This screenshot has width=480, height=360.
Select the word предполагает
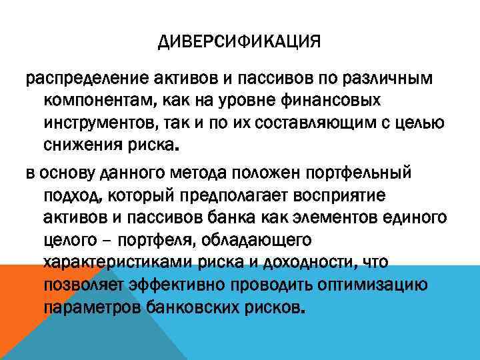[217, 195]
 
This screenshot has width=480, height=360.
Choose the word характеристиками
[114, 261]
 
